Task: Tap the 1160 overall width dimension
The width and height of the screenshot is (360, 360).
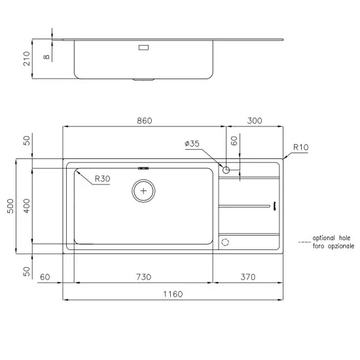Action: click(x=173, y=294)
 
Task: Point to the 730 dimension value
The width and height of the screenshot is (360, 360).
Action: click(x=143, y=276)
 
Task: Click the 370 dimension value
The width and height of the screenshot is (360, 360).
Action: click(x=247, y=276)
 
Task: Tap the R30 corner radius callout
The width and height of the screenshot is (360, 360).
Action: click(x=102, y=179)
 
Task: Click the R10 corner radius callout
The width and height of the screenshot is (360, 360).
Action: click(x=300, y=148)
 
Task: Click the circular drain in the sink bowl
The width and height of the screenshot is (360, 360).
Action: click(x=143, y=192)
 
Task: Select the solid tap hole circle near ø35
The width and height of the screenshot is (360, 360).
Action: click(x=226, y=170)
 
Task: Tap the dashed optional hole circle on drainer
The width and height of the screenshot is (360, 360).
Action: click(x=226, y=242)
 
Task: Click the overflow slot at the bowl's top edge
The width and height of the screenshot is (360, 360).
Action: click(x=143, y=168)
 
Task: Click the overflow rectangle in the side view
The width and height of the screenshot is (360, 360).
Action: click(x=144, y=47)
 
